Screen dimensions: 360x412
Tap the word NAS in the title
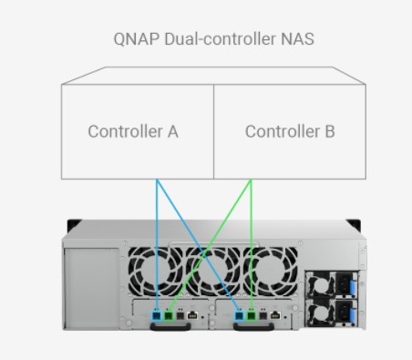[290, 41]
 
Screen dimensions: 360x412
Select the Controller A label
[133, 131]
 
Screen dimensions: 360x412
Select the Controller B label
[290, 131]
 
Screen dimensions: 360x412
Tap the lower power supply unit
[329, 313]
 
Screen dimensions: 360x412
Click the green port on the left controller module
[170, 314]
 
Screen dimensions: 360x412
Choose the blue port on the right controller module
[240, 314]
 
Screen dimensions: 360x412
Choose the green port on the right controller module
[250, 314]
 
